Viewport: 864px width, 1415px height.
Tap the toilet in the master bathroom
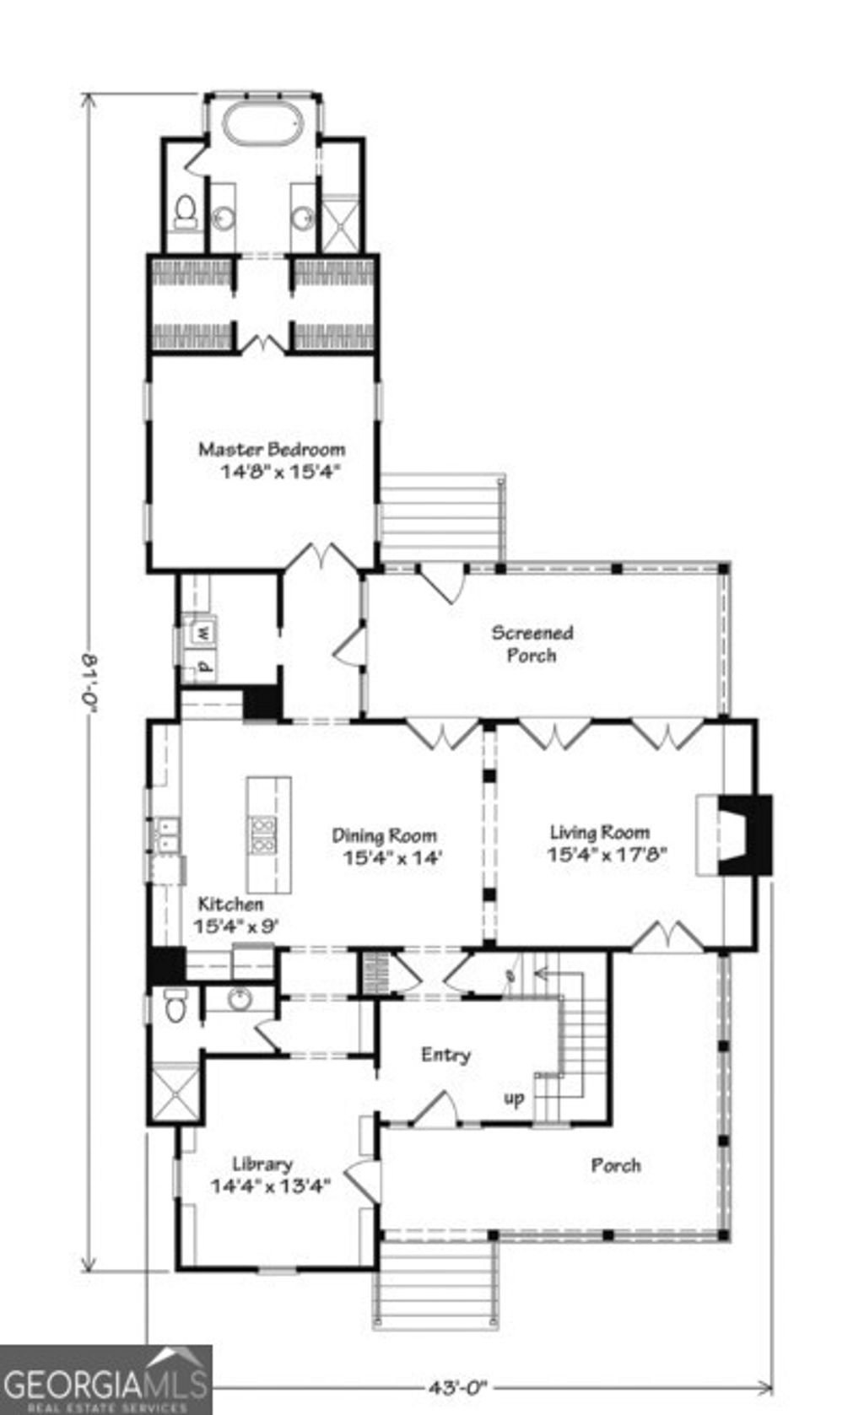point(185,214)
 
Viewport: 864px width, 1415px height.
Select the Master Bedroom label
point(272,449)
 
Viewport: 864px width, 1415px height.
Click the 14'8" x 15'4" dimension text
point(279,472)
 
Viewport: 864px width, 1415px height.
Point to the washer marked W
point(203,630)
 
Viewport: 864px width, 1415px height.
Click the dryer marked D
point(203,667)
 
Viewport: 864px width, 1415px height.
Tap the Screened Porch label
point(532,644)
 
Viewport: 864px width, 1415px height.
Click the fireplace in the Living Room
point(742,834)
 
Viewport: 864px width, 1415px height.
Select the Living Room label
point(600,833)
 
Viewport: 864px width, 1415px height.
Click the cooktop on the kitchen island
point(263,834)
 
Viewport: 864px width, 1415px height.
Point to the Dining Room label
point(384,836)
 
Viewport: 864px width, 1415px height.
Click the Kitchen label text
point(230,904)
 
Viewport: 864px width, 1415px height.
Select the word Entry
point(445,1055)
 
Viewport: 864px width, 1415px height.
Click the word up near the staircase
point(514,1099)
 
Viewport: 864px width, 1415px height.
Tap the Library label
point(262,1164)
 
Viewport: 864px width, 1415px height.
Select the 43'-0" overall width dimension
point(458,1385)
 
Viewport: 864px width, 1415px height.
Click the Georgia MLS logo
point(105,1381)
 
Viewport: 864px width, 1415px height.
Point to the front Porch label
point(616,1165)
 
